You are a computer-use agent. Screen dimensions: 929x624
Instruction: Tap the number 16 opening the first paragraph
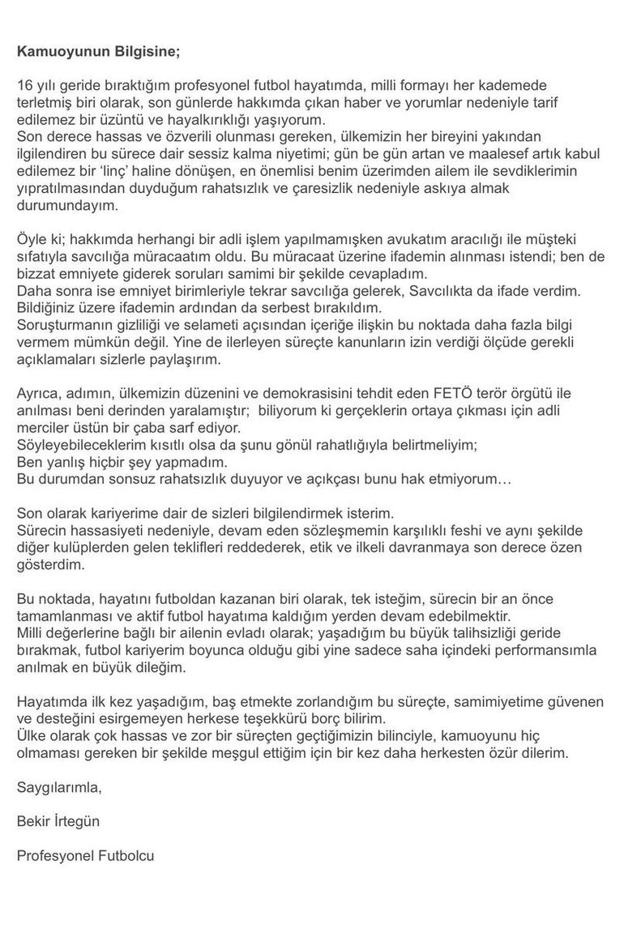24,85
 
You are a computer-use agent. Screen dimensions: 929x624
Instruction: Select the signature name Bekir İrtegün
58,822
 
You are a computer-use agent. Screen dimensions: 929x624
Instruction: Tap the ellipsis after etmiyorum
503,480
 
